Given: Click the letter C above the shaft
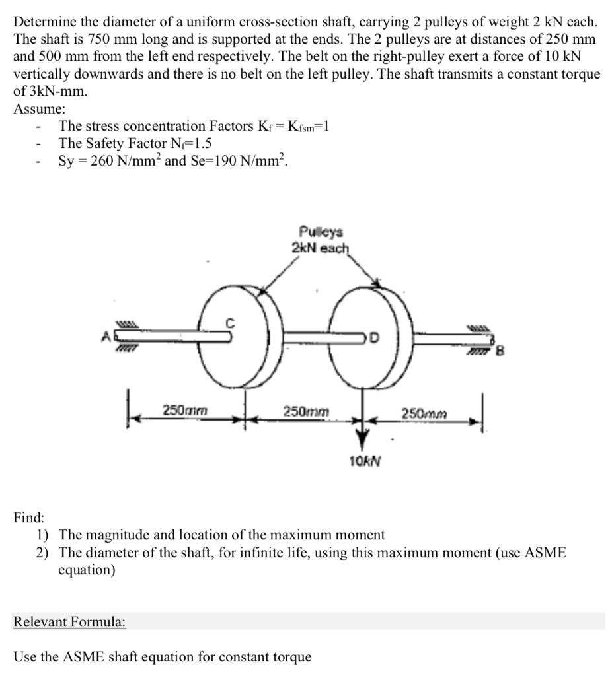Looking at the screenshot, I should click(x=231, y=323).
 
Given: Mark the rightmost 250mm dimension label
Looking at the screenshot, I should click(x=422, y=413).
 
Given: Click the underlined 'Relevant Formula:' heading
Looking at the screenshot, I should click(x=69, y=622).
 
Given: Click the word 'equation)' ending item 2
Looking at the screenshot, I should click(x=87, y=569).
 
